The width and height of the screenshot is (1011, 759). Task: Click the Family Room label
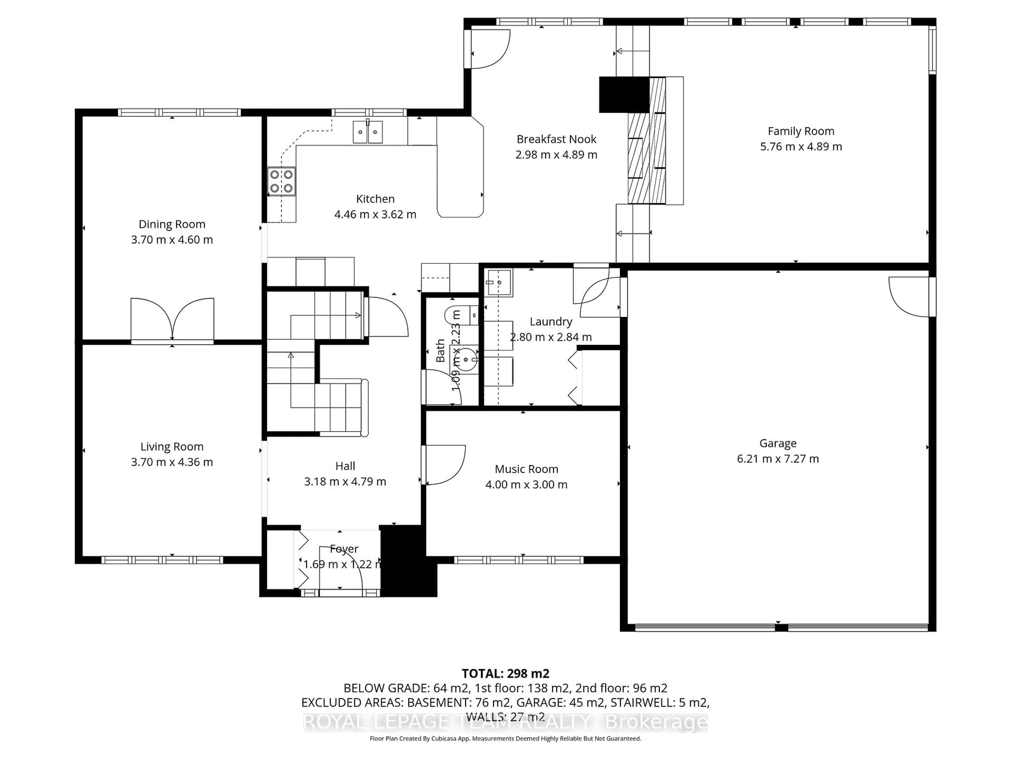coord(801,131)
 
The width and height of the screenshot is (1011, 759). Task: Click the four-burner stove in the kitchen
coord(281,181)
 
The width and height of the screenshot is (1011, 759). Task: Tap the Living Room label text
coord(172,446)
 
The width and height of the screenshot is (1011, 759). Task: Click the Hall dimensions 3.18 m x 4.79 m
coord(345,481)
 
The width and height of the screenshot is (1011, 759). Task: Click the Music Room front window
coord(518,560)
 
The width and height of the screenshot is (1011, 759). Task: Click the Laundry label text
coord(551,322)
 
